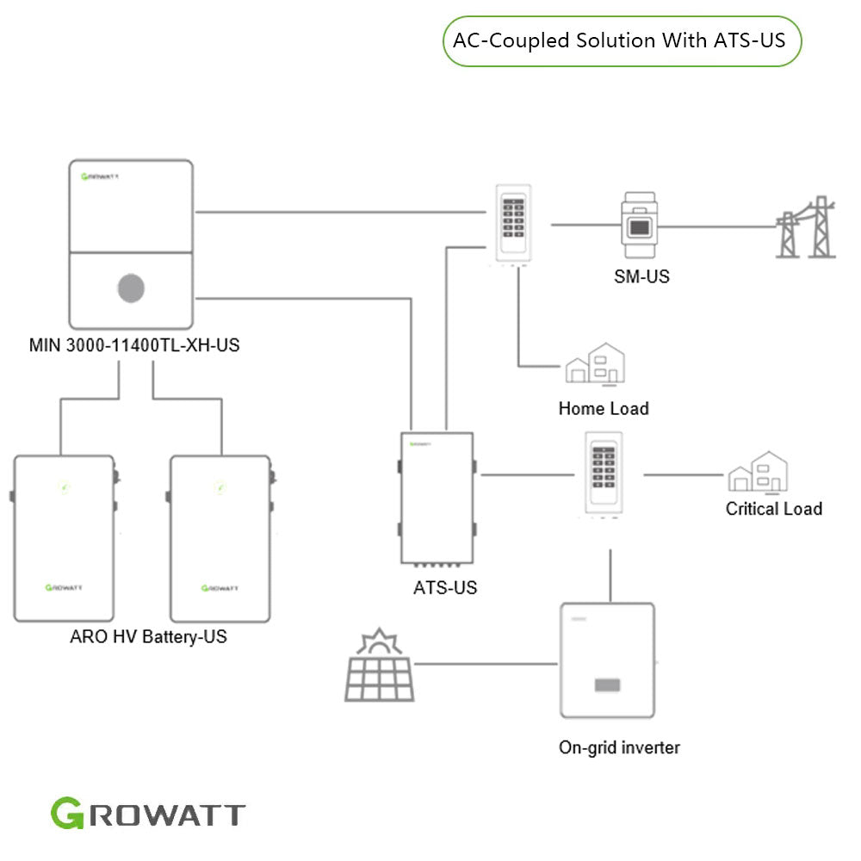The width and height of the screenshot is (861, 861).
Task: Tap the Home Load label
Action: [x=603, y=408]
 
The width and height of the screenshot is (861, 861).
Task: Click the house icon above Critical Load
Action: [x=758, y=474]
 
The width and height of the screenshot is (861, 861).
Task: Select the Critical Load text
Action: [x=773, y=509]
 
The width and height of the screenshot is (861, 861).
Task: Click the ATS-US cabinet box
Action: [x=437, y=498]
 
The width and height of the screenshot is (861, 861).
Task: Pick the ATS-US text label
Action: [x=444, y=589]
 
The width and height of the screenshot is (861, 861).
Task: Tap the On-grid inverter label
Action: [x=618, y=747]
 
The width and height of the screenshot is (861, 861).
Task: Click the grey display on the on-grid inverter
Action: [x=607, y=685]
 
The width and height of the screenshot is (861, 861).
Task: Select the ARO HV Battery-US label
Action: [x=148, y=638]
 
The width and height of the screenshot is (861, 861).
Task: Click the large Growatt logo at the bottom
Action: [x=148, y=815]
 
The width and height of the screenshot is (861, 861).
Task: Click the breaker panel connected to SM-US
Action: [x=515, y=224]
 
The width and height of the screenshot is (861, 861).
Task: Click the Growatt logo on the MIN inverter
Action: [x=100, y=177]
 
